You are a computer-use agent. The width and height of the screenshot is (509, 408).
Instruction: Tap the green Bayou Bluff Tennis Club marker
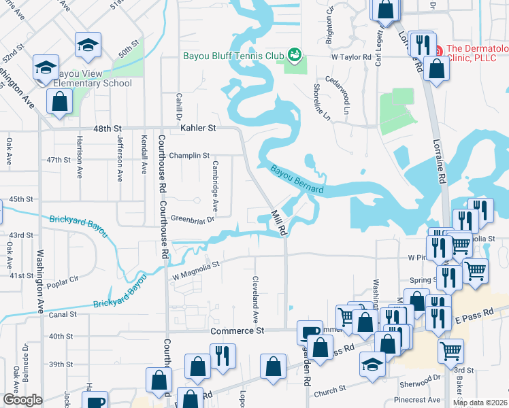click(x=294, y=54)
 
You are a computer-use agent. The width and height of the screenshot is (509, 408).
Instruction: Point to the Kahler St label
click(x=198, y=128)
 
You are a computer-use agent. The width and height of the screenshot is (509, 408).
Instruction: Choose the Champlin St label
click(x=189, y=156)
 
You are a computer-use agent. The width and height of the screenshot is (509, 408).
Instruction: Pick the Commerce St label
click(x=237, y=330)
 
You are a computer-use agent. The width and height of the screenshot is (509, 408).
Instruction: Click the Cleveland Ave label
click(x=256, y=299)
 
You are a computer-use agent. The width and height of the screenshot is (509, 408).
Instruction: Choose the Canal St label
click(x=63, y=315)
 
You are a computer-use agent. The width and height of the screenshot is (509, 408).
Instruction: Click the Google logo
click(x=22, y=400)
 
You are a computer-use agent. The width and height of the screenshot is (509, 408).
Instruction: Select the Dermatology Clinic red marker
click(x=440, y=50)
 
